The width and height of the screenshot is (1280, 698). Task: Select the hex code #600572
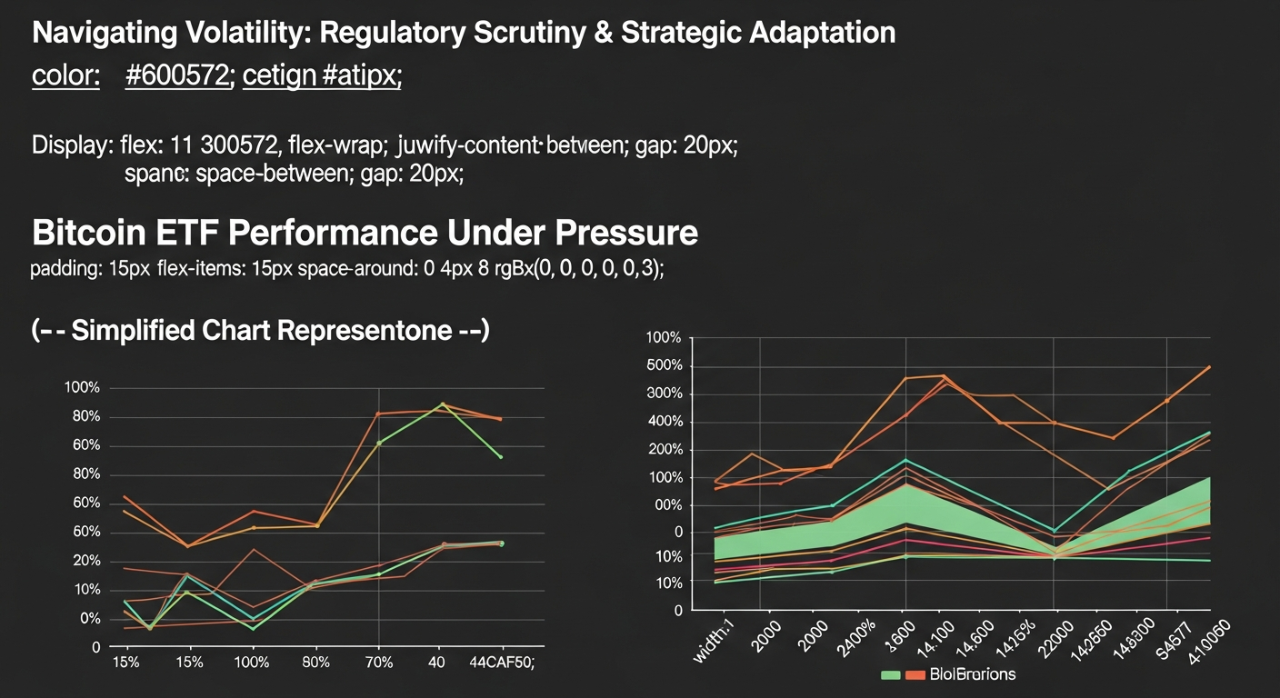[x=176, y=77]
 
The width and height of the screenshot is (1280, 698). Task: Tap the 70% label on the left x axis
[x=378, y=663]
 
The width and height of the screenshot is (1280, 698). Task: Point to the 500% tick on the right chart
[x=663, y=366]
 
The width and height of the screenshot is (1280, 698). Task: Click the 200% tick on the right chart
[x=663, y=450]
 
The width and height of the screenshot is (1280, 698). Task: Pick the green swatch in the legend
[x=891, y=674]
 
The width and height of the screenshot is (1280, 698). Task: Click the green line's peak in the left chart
[x=443, y=404]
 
